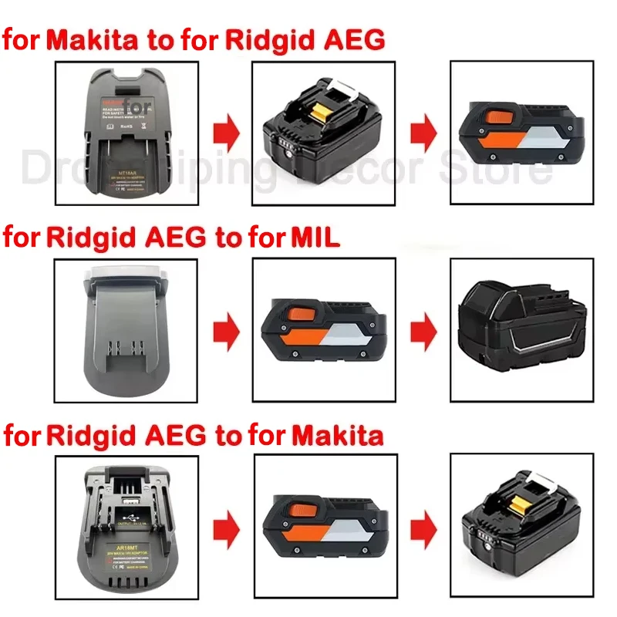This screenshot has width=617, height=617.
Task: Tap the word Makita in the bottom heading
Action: (x=337, y=437)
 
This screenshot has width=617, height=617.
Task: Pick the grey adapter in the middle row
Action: (x=126, y=332)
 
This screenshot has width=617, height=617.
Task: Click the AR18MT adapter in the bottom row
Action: (x=127, y=531)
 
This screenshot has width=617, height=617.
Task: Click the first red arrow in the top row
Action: (x=227, y=133)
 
